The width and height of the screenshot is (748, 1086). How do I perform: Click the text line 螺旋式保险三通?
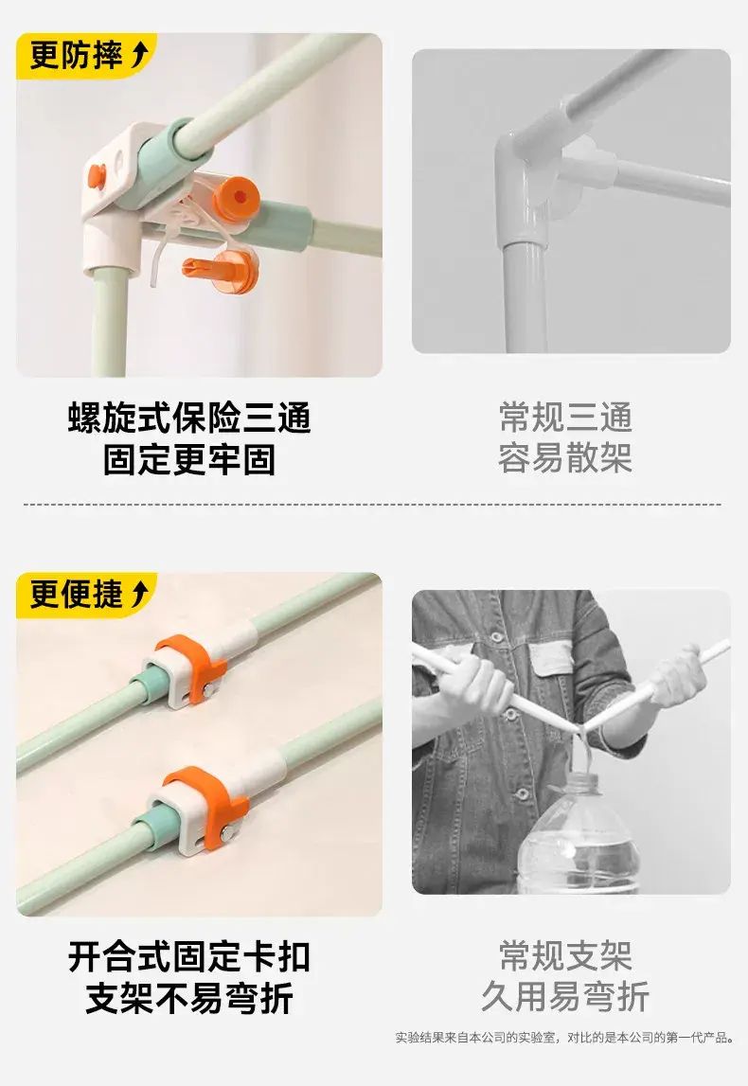tap(189, 418)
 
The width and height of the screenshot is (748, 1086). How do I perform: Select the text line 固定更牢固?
tap(189, 460)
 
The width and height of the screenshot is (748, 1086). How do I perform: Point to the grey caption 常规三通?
tap(565, 418)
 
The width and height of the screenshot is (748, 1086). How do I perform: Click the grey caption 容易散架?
tap(565, 458)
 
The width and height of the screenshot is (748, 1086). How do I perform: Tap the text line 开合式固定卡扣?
tap(189, 957)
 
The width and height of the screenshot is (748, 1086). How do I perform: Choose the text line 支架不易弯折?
tap(189, 999)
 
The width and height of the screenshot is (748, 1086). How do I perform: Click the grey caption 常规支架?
tap(565, 956)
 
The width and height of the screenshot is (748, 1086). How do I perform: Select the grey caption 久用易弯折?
tap(565, 997)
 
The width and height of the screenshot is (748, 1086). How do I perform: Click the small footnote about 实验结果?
tap(564, 1037)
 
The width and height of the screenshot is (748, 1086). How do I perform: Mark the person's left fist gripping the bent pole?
tap(479, 682)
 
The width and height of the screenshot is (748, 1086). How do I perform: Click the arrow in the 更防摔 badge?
tap(140, 55)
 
